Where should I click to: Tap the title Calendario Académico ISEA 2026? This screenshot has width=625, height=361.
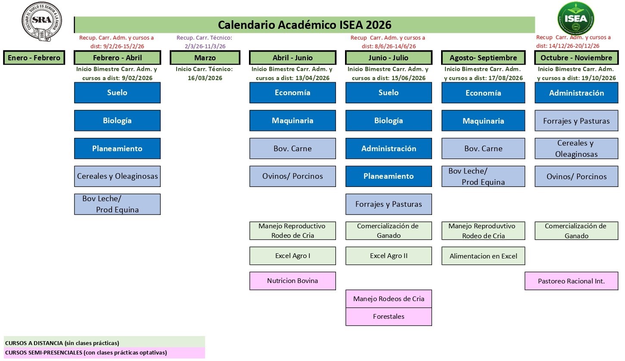tap(305, 25)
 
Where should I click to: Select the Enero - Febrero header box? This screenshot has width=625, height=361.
tap(34, 58)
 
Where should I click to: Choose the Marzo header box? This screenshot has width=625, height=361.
tap(205, 58)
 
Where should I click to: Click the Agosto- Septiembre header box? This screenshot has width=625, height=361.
tap(483, 58)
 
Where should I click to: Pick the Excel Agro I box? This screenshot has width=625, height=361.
tap(292, 256)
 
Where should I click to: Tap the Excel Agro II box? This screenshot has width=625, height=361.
tap(389, 256)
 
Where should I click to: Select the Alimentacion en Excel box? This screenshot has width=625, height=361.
tap(483, 256)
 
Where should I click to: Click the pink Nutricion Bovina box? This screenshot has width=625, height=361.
tap(292, 281)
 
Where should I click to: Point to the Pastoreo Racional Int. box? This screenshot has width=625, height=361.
tap(571, 281)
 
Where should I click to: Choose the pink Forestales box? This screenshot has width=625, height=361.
tap(389, 317)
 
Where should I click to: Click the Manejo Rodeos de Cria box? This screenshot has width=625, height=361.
tap(389, 299)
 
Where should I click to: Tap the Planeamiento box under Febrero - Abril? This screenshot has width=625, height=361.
tap(117, 149)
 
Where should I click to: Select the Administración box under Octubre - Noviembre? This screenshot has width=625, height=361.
tap(576, 93)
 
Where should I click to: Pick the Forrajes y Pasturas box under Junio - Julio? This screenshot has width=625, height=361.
tap(389, 204)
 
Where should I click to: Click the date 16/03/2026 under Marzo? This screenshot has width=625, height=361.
tap(205, 78)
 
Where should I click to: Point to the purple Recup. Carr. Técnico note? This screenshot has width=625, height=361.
tap(205, 42)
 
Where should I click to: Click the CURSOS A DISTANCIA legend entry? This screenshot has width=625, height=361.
tap(62, 343)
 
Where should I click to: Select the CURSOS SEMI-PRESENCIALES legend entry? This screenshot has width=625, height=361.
tap(86, 353)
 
